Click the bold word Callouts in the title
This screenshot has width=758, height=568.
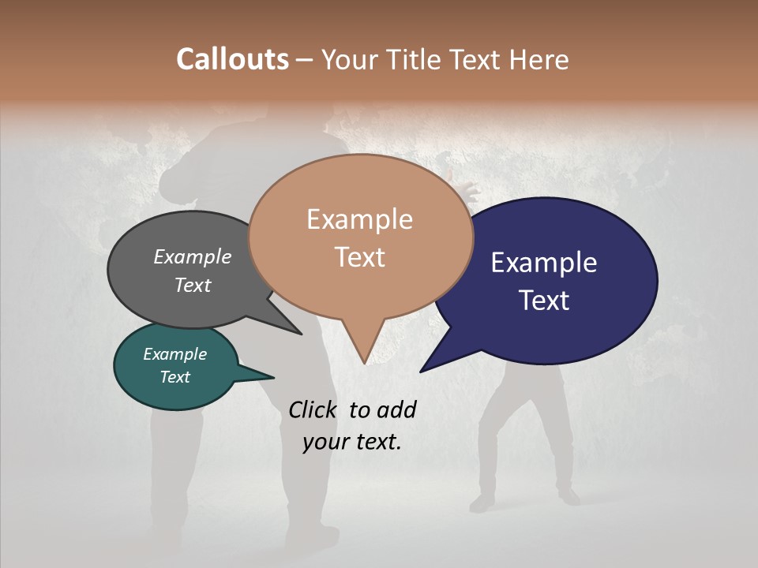point(232,59)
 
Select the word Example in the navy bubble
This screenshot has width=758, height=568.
point(544,263)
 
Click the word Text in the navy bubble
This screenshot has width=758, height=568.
point(545,300)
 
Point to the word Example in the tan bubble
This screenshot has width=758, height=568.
point(359,219)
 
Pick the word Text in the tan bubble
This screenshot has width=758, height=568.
point(360,256)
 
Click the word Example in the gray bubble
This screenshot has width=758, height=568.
point(192,256)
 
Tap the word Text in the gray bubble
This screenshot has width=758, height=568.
point(193,285)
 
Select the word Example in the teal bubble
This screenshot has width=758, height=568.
point(174,354)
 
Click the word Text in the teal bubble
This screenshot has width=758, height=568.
point(174,377)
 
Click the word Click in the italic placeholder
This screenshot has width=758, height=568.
point(312,409)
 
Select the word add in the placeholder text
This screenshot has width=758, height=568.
point(397,409)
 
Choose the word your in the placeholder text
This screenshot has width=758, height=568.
point(325,442)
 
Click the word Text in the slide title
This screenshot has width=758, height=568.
point(478,59)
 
